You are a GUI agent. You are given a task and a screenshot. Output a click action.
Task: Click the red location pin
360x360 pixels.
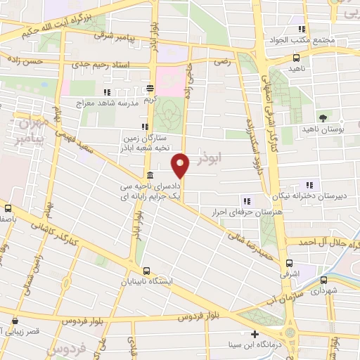coord(181,166)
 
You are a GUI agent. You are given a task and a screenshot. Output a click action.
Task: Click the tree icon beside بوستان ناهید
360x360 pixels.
coord(323,117)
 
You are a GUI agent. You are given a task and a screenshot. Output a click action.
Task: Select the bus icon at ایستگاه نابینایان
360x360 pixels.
coord(146,271)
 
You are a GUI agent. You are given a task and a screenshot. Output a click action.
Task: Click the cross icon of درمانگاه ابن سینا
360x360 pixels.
coord(255,334)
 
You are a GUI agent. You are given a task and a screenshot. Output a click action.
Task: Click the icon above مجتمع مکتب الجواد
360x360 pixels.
coord(302,30)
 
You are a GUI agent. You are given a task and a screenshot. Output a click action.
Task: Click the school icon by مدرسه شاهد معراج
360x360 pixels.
coord(107,92)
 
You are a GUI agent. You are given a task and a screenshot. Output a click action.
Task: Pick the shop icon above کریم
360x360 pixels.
coord(150,89)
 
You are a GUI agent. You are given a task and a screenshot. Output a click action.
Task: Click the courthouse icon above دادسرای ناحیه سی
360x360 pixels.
coord(150,175)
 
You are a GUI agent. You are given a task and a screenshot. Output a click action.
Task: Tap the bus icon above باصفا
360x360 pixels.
coord(8,208)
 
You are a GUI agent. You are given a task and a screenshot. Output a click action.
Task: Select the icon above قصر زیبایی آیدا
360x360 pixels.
coord(15,319)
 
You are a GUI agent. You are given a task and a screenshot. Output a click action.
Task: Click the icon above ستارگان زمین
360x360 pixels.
coord(145,127)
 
